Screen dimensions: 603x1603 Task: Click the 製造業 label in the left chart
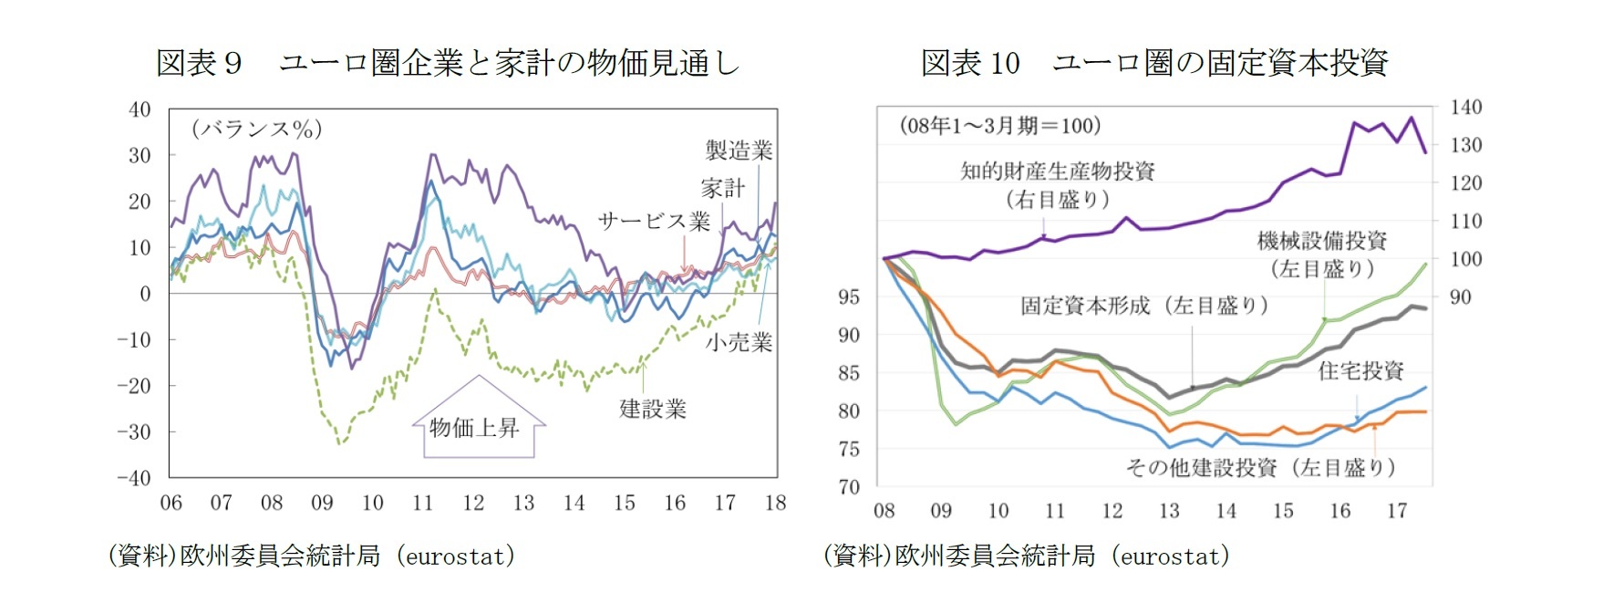pyautogui.click(x=739, y=151)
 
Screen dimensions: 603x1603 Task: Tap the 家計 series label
pyautogui.click(x=722, y=189)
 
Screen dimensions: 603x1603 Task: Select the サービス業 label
pyautogui.click(x=653, y=222)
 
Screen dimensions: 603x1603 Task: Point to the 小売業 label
pyautogui.click(x=739, y=343)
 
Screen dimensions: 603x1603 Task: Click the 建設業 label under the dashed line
pyautogui.click(x=653, y=409)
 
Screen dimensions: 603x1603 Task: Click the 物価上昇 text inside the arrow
pyautogui.click(x=474, y=427)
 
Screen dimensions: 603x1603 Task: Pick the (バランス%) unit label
pyautogui.click(x=256, y=129)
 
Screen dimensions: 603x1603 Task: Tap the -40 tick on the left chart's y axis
pyautogui.click(x=134, y=478)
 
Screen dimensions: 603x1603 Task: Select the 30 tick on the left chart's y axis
pyautogui.click(x=140, y=155)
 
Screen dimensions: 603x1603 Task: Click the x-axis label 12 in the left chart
pyautogui.click(x=473, y=504)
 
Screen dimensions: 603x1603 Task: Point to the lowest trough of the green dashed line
pyautogui.click(x=340, y=443)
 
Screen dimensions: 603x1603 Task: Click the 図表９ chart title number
pyautogui.click(x=199, y=63)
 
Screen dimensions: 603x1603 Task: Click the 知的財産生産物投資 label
pyautogui.click(x=1057, y=172)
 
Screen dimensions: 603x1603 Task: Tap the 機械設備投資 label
pyautogui.click(x=1321, y=241)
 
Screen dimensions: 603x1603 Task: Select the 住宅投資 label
pyautogui.click(x=1360, y=370)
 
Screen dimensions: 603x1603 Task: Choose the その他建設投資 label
pyautogui.click(x=1201, y=468)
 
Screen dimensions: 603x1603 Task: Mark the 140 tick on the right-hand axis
pyautogui.click(x=1466, y=108)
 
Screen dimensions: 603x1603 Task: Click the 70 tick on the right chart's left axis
pyautogui.click(x=849, y=487)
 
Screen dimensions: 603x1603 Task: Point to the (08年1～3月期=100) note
pyautogui.click(x=999, y=126)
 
